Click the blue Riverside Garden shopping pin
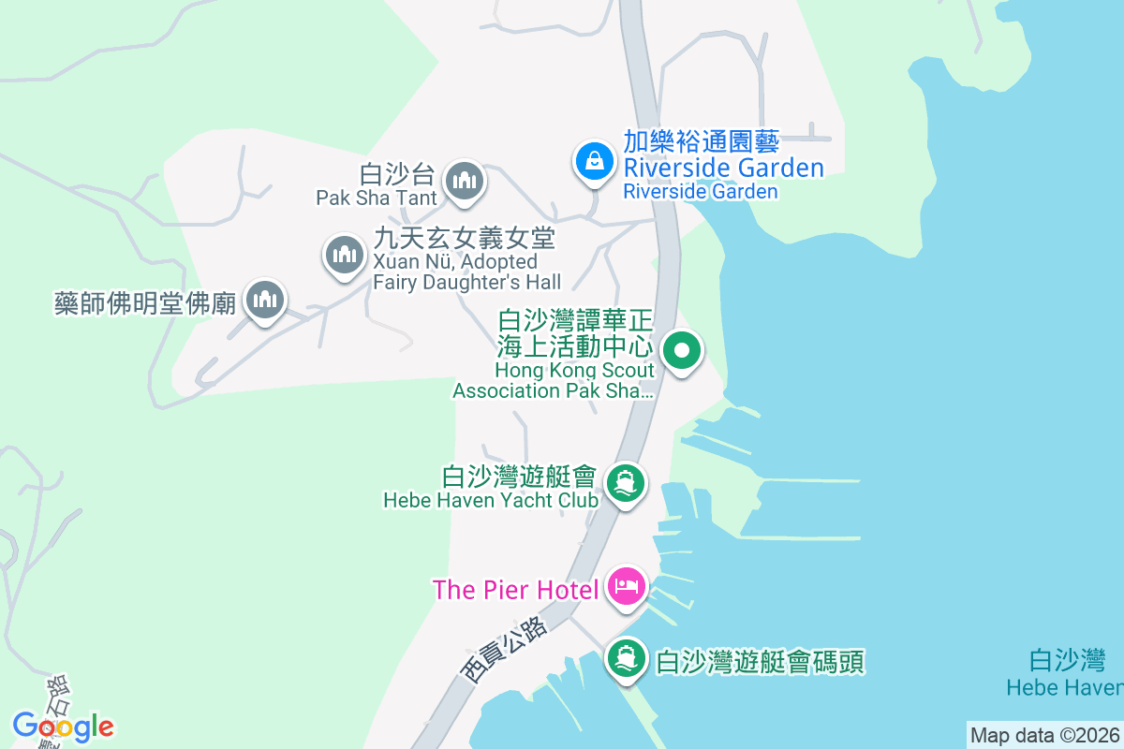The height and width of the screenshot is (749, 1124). pyautogui.click(x=594, y=161)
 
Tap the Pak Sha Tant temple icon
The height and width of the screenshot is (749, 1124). pyautogui.click(x=464, y=180)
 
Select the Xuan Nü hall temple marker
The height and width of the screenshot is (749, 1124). pyautogui.click(x=344, y=255)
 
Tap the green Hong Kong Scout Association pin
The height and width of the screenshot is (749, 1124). pyautogui.click(x=682, y=352)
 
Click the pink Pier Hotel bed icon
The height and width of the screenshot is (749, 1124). pyautogui.click(x=625, y=587)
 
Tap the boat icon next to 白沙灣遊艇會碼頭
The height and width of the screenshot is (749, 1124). pyautogui.click(x=625, y=660)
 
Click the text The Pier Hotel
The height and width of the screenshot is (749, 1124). pyautogui.click(x=515, y=590)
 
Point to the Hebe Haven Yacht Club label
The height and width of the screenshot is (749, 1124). pyautogui.click(x=491, y=501)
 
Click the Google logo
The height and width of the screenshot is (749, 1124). pyautogui.click(x=63, y=727)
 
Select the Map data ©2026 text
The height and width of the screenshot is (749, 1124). pyautogui.click(x=1044, y=735)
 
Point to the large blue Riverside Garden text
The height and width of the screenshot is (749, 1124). pyautogui.click(x=724, y=169)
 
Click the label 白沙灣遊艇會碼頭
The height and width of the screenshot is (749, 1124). pyautogui.click(x=761, y=663)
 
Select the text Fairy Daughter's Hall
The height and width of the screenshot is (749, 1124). pyautogui.click(x=467, y=282)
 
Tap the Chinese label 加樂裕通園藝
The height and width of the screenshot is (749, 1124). pyautogui.click(x=702, y=143)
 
